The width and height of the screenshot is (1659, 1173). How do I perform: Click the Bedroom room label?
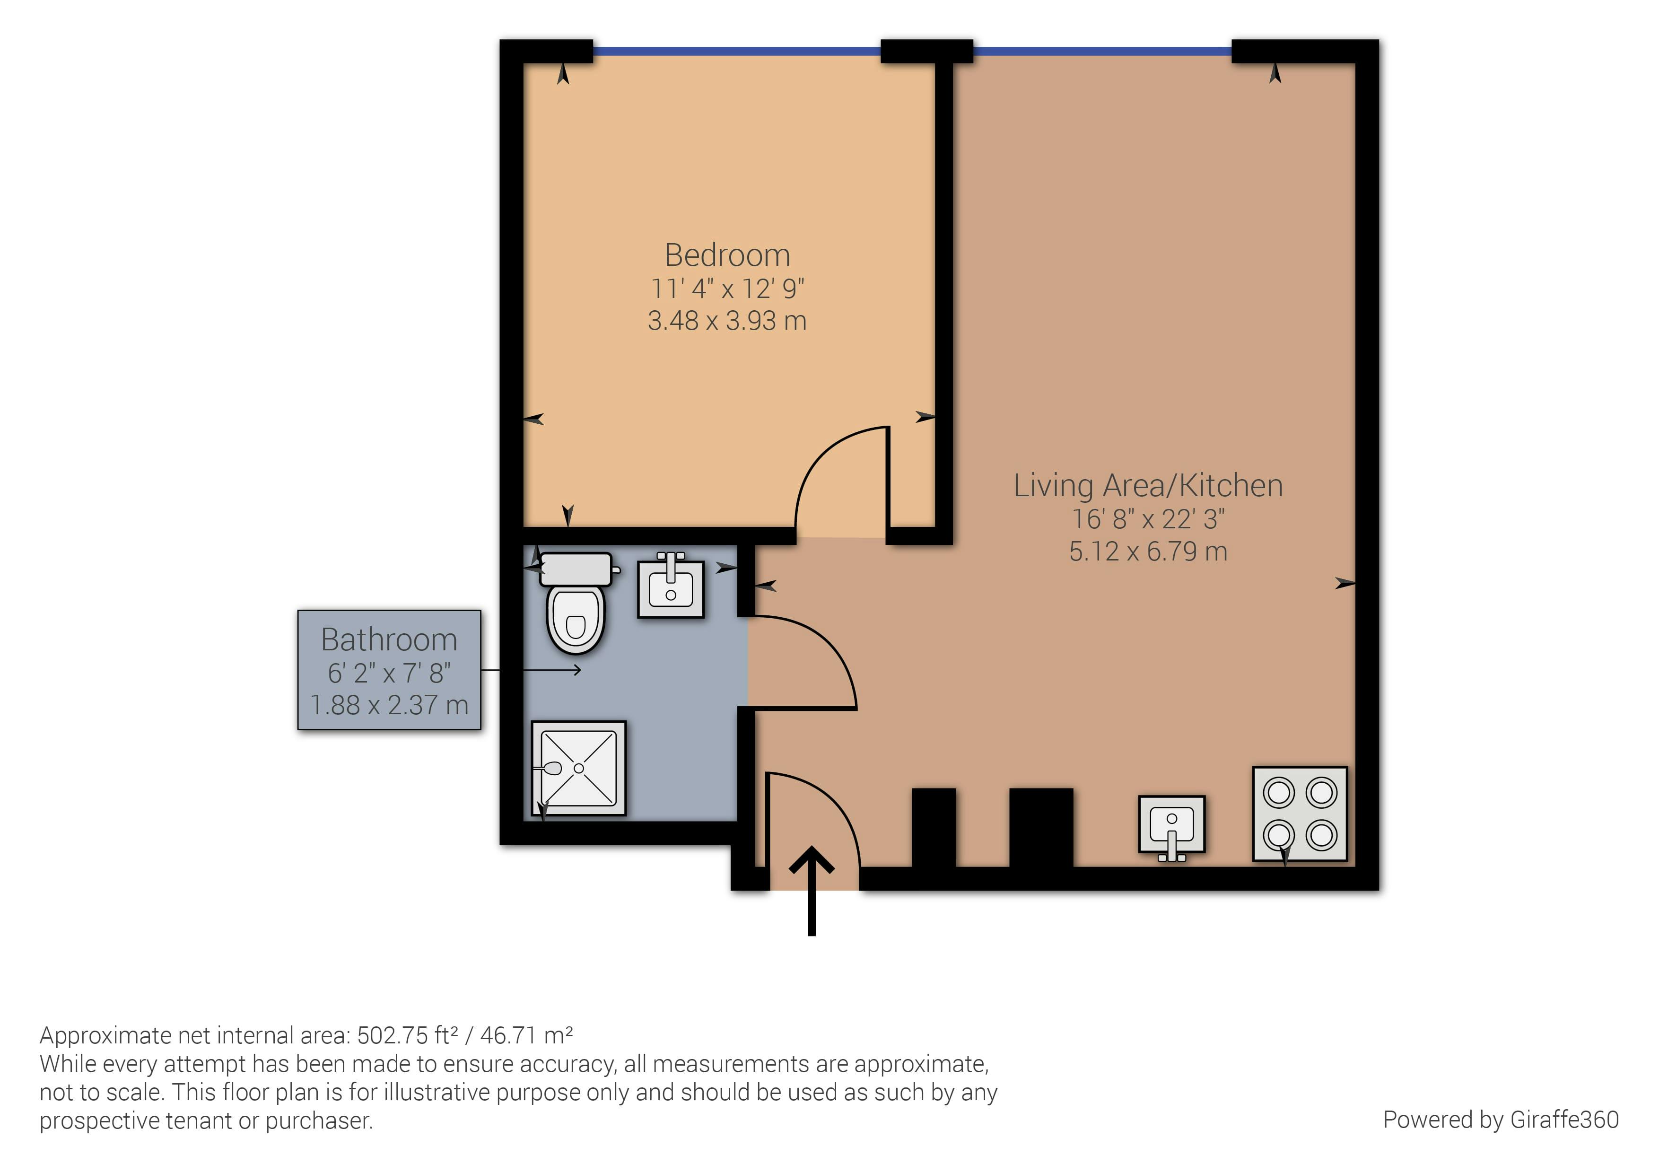[x=727, y=255]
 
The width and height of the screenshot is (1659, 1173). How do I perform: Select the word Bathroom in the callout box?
[x=389, y=639]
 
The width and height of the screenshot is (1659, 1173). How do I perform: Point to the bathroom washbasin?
[x=671, y=589]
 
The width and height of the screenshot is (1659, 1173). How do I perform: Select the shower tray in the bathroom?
[x=579, y=768]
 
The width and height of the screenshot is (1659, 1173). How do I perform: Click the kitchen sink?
[x=1171, y=824]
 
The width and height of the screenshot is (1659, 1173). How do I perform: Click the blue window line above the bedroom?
[x=737, y=51]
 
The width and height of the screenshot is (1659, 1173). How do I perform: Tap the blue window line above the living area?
[x=1102, y=51]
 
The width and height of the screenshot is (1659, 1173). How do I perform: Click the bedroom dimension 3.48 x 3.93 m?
[x=727, y=320]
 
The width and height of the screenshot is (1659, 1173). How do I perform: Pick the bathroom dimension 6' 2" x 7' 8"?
[x=389, y=673]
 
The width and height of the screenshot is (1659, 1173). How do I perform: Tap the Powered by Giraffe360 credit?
[x=1500, y=1120]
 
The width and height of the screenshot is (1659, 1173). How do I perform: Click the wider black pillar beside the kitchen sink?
[x=1040, y=828]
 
